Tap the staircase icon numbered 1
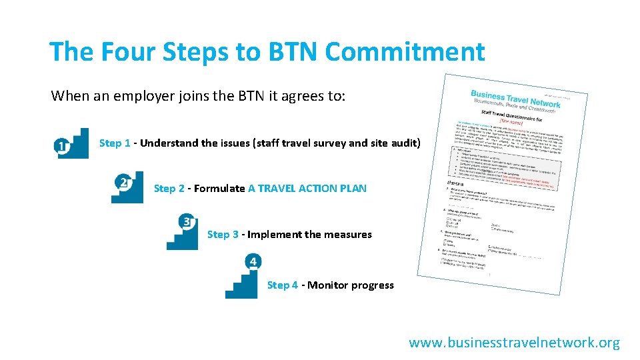[73, 143]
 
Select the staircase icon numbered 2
[127, 187]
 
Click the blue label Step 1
[115, 143]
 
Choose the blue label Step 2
[169, 189]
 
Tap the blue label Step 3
[223, 235]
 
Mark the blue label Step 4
[283, 285]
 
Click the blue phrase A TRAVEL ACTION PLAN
[307, 189]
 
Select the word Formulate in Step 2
[219, 189]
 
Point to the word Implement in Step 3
[274, 235]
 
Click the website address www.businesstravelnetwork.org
[514, 343]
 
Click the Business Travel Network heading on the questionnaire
[515, 99]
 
